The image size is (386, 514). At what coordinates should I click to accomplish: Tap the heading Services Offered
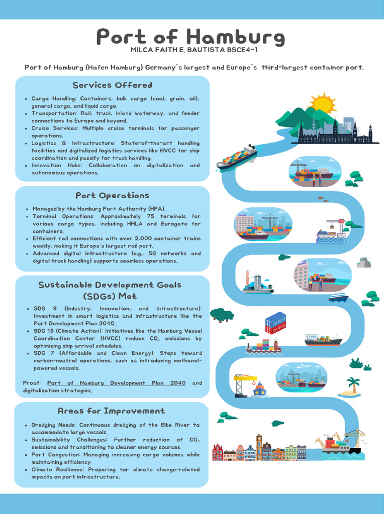pyautogui.click(x=112, y=85)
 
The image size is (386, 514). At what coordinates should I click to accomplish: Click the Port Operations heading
pyautogui.click(x=112, y=195)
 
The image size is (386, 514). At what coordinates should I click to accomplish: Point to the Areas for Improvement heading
pyautogui.click(x=111, y=411)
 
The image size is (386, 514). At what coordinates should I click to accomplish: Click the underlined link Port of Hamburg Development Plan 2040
pyautogui.click(x=116, y=383)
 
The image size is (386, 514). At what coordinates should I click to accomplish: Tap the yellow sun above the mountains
pyautogui.click(x=322, y=104)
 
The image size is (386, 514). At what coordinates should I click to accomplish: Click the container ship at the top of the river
pyautogui.click(x=236, y=157)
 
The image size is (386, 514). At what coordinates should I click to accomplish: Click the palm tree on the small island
pyautogui.click(x=354, y=384)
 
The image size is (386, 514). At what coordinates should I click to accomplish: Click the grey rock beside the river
pyautogui.click(x=364, y=263)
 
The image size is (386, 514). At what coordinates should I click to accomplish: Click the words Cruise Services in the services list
pyautogui.click(x=55, y=128)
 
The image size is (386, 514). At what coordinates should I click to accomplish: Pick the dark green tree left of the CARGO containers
pyautogui.click(x=222, y=315)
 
